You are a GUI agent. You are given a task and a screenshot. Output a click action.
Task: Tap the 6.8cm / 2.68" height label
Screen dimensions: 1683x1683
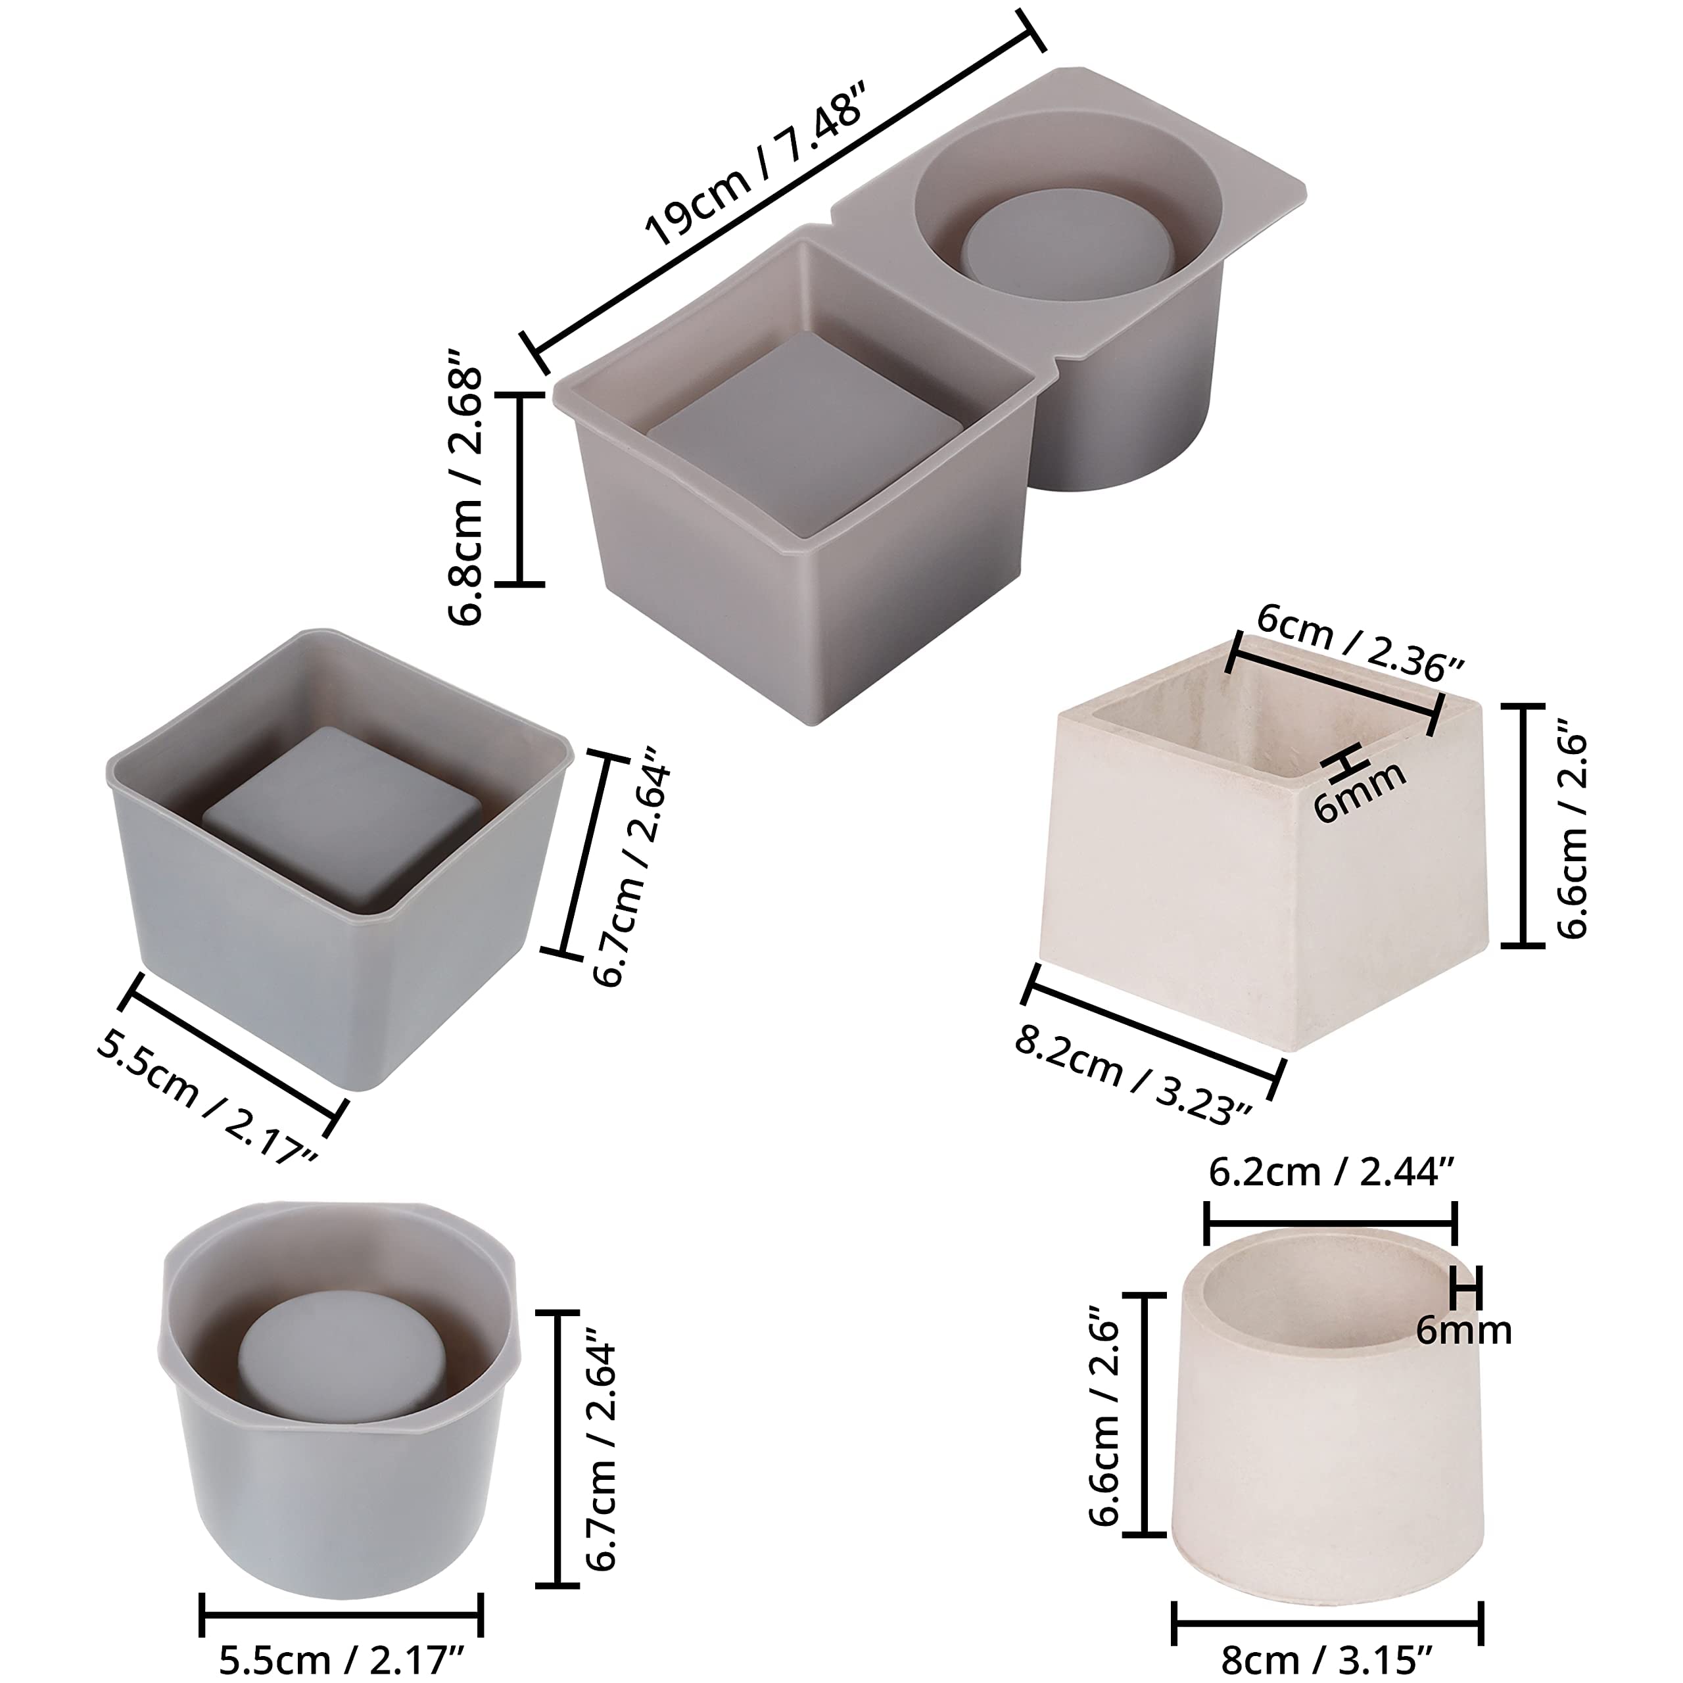465,487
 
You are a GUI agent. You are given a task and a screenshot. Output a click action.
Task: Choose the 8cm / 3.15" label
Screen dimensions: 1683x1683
1327,1661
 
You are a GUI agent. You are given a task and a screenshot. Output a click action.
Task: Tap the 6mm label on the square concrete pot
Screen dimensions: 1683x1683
1359,791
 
